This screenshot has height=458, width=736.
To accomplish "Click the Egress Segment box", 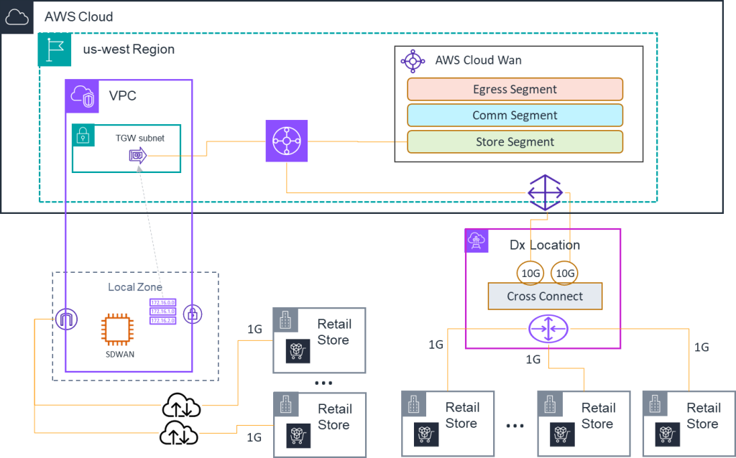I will pos(515,89).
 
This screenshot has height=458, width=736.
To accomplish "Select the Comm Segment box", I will pos(515,115).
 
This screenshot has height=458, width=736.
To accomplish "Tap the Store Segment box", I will pos(515,141).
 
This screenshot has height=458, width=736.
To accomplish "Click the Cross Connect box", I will pos(545,296).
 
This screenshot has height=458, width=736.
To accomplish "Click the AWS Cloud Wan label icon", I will pos(413,61).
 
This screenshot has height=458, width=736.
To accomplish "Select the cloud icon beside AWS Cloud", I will pos(17,17).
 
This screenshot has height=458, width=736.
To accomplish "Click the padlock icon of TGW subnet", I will pos(83,135).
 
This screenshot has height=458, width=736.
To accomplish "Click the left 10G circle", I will pos(530,274).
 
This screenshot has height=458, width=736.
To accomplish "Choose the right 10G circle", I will pos(564,274).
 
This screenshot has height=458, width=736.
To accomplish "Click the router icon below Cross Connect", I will pos(548,330).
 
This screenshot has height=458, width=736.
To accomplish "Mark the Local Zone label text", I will pos(134,287).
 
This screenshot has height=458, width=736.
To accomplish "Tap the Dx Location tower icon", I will pos(477,240).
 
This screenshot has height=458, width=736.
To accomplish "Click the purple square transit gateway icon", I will pos(286,141).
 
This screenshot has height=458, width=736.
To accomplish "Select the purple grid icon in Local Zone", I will pos(162,312).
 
